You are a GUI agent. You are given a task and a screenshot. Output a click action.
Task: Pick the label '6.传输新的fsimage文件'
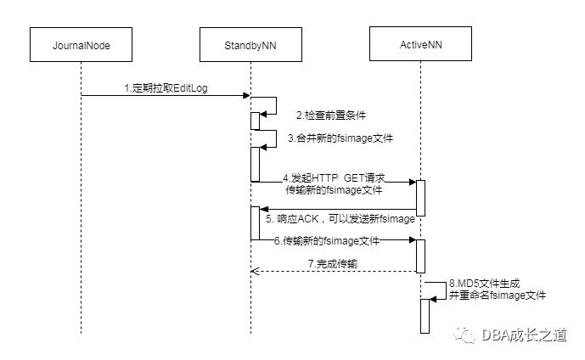[327, 241]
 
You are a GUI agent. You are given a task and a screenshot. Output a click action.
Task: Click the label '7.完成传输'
[332, 265]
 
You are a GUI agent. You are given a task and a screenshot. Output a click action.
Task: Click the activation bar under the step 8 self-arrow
[426, 316]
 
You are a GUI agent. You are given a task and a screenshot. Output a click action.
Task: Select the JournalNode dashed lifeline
[81, 212]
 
